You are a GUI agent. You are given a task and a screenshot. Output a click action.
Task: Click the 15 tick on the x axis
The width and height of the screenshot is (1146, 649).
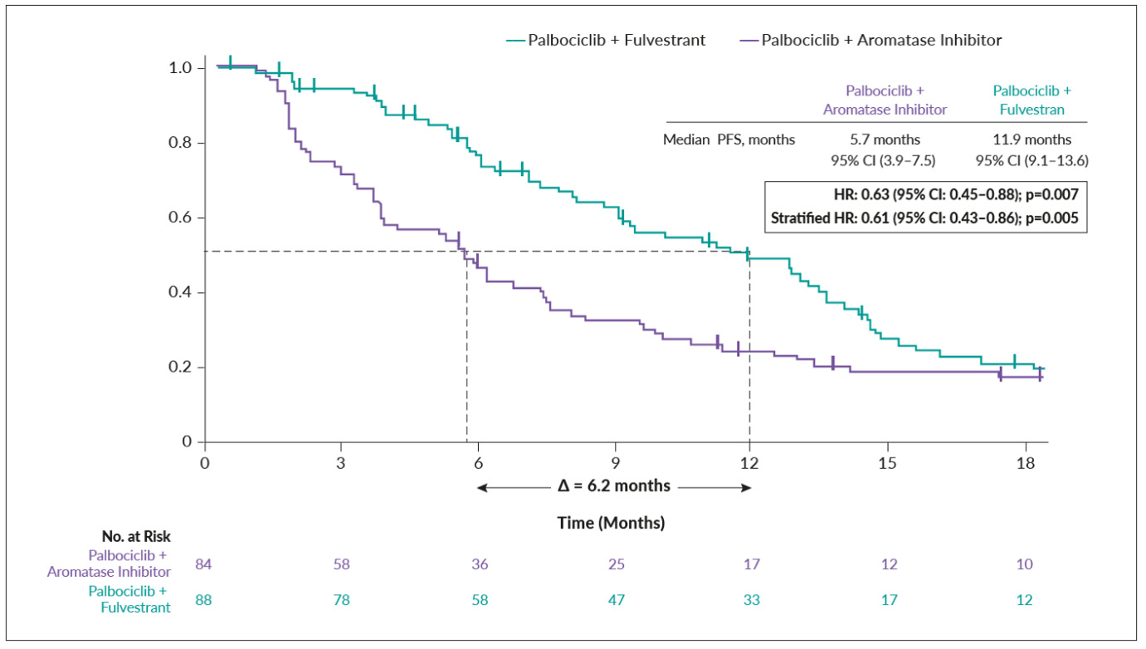887,463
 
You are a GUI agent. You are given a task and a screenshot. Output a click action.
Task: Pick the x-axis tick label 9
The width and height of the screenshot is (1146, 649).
615,463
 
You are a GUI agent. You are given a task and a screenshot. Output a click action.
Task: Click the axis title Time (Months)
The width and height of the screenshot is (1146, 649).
611,524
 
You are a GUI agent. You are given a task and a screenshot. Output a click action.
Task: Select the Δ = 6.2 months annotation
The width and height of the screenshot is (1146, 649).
614,486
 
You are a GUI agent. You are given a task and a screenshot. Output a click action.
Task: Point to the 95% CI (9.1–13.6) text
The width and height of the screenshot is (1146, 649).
1032,159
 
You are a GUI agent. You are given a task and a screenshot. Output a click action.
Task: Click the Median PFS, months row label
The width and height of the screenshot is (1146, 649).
729,139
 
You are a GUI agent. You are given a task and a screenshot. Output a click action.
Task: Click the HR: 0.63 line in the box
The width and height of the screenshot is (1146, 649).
955,195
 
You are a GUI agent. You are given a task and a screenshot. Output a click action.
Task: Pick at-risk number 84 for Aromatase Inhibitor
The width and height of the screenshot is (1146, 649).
204,564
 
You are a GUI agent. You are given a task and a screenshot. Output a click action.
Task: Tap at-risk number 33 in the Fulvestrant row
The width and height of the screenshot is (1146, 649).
751,599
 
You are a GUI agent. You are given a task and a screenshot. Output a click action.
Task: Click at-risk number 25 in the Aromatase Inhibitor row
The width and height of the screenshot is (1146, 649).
615,564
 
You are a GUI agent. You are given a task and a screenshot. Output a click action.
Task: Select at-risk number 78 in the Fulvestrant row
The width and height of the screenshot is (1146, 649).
341,599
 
